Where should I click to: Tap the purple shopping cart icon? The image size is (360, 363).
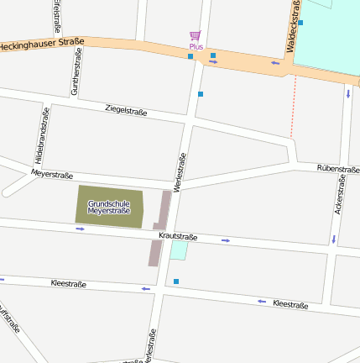(x=196, y=35)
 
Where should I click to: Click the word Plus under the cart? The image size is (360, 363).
(x=196, y=47)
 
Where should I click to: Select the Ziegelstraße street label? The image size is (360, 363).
(x=126, y=110)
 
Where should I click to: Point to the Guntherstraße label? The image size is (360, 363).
(x=76, y=71)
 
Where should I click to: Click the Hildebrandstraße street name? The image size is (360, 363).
(x=41, y=135)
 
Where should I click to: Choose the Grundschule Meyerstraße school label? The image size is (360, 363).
(x=109, y=206)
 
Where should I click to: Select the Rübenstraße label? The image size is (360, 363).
(x=338, y=169)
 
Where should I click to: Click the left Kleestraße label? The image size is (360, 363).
(x=69, y=283)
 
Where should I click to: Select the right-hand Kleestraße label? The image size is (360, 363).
(x=290, y=302)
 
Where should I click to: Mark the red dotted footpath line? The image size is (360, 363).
(x=294, y=105)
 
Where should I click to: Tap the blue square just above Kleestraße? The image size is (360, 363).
(x=176, y=281)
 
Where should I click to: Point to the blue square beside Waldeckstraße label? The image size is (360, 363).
(x=300, y=23)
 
